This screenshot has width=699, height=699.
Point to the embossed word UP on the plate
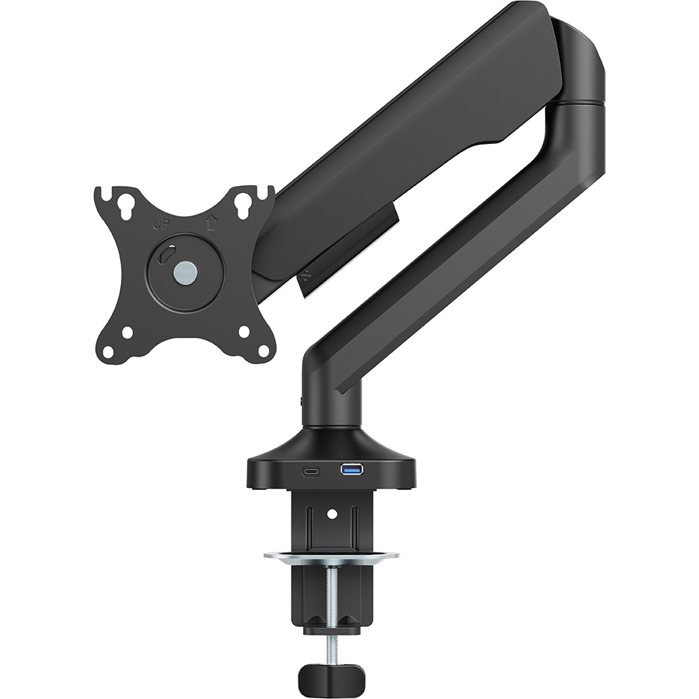[x=160, y=224]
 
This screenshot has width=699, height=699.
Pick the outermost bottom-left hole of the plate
[x=109, y=351]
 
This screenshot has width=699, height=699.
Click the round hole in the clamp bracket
[x=332, y=514]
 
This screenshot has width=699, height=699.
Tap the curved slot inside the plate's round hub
[x=164, y=257]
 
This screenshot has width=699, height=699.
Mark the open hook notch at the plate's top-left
[x=101, y=192]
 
